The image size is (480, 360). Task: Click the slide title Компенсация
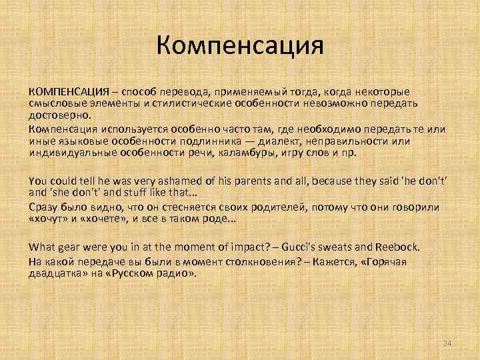click(240, 47)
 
